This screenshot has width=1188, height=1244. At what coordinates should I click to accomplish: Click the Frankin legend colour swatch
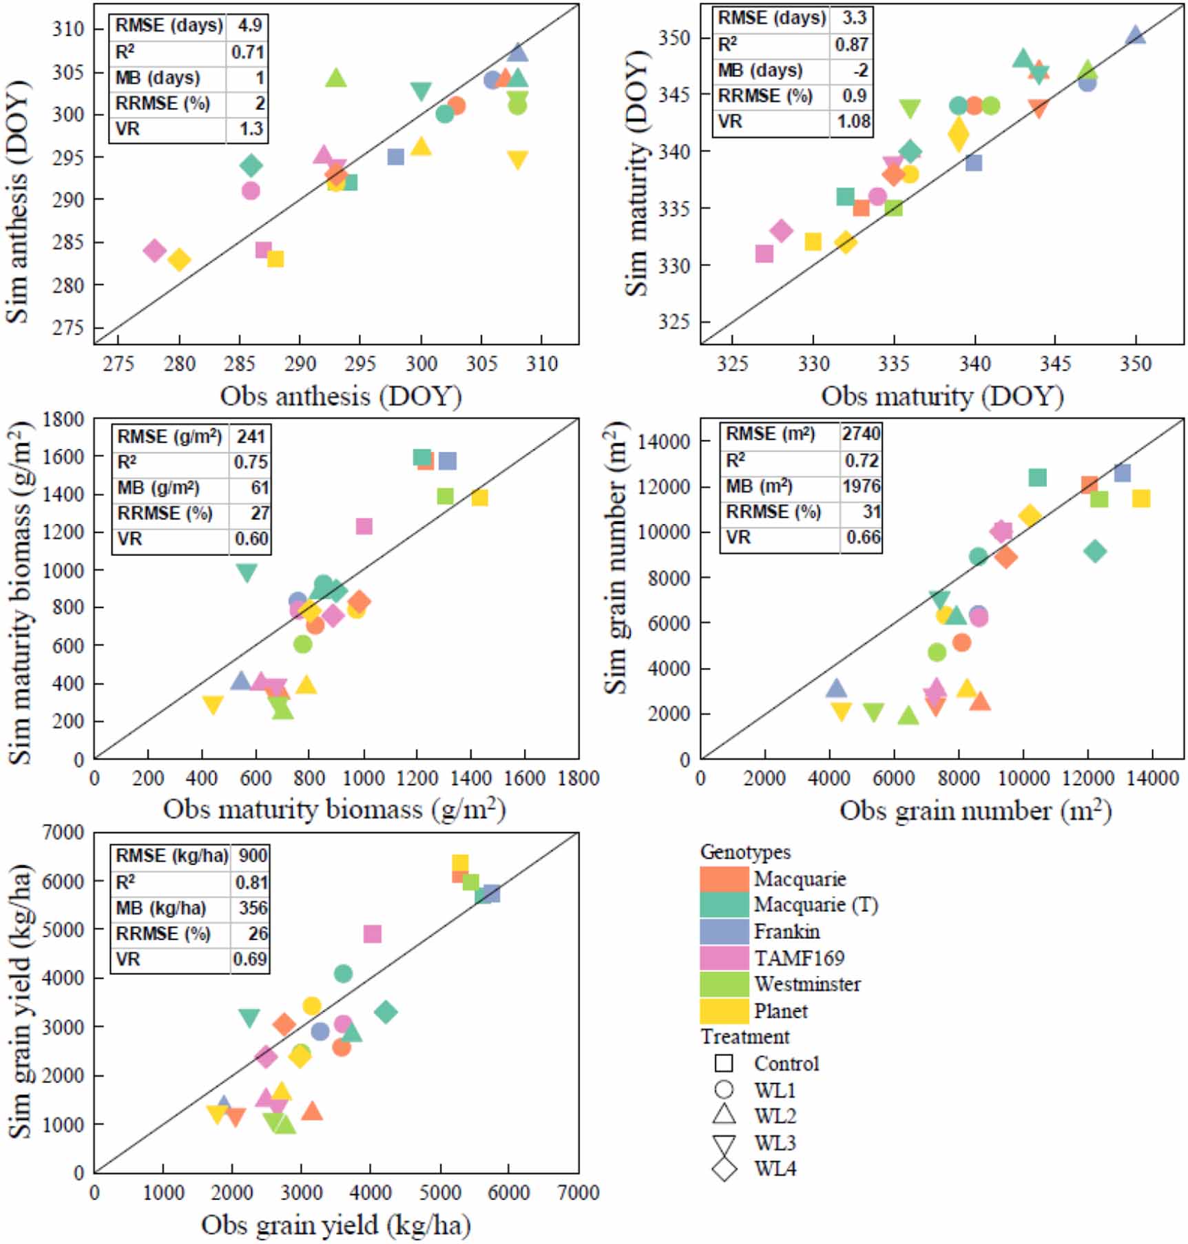pyautogui.click(x=724, y=931)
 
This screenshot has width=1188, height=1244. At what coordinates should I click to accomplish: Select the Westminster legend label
pyautogui.click(x=806, y=984)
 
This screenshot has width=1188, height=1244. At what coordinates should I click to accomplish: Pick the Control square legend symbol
pyautogui.click(x=724, y=1064)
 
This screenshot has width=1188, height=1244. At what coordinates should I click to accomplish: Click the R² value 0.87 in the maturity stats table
pyautogui.click(x=851, y=44)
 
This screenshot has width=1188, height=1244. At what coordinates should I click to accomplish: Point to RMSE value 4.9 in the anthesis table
pyautogui.click(x=249, y=25)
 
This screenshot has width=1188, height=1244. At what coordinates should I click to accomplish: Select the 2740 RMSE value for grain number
pyautogui.click(x=861, y=433)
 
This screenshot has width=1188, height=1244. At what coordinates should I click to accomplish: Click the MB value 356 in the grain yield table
pyautogui.click(x=253, y=908)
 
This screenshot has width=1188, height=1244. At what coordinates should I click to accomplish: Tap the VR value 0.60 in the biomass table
pyautogui.click(x=251, y=539)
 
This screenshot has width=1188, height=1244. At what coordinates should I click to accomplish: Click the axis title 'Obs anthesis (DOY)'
pyautogui.click(x=341, y=396)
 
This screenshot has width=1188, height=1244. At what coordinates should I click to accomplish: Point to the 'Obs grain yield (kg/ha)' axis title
pyautogui.click(x=336, y=1225)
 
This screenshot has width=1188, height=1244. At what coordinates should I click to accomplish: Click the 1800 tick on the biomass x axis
pyautogui.click(x=579, y=778)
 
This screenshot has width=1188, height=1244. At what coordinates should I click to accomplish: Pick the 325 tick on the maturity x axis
pyautogui.click(x=731, y=363)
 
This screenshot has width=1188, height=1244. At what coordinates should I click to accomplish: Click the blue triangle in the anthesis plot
pyautogui.click(x=518, y=52)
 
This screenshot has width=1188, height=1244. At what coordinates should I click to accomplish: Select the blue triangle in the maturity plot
pyautogui.click(x=1136, y=34)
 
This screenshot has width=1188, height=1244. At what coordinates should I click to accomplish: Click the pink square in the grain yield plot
pyautogui.click(x=372, y=934)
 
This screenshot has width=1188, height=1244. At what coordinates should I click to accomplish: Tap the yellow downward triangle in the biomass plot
pyautogui.click(x=213, y=705)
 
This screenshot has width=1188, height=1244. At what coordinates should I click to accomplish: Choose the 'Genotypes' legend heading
pyautogui.click(x=745, y=852)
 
